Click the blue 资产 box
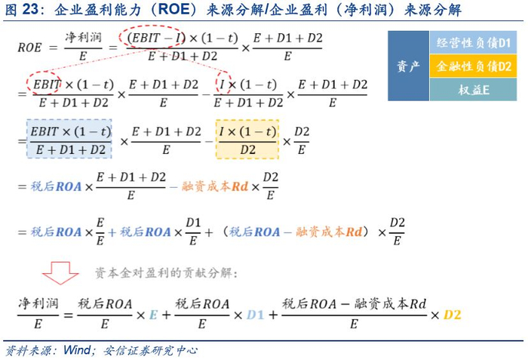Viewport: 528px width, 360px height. click(x=408, y=66)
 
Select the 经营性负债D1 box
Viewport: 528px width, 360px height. click(x=474, y=42)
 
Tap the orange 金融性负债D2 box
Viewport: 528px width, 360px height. click(x=474, y=66)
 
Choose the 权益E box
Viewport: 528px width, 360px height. click(x=474, y=90)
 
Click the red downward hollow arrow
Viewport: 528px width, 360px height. click(x=60, y=272)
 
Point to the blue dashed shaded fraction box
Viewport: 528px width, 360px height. click(x=69, y=139)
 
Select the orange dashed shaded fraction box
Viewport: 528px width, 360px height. click(x=247, y=139)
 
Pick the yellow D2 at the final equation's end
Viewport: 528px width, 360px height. click(x=452, y=314)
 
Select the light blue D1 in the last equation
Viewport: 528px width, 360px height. click(x=256, y=314)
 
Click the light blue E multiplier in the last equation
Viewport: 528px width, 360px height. click(x=153, y=314)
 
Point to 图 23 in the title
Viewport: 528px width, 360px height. click(x=20, y=10)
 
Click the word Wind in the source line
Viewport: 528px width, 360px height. click(x=76, y=350)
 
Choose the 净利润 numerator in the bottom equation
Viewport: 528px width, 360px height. click(x=36, y=304)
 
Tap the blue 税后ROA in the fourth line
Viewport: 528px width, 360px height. click(x=57, y=186)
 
